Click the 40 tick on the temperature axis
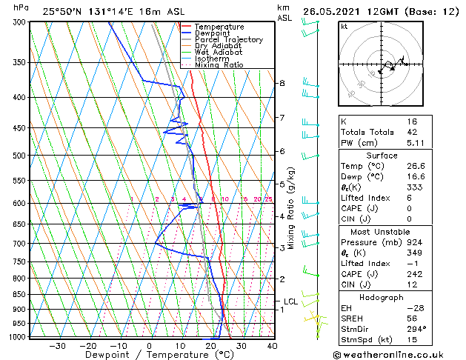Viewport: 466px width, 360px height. click(x=272, y=346)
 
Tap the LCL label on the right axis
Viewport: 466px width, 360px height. click(x=290, y=301)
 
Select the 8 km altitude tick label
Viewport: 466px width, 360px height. click(x=282, y=84)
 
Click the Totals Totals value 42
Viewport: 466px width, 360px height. click(x=412, y=133)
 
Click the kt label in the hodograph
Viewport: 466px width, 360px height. click(x=344, y=27)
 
